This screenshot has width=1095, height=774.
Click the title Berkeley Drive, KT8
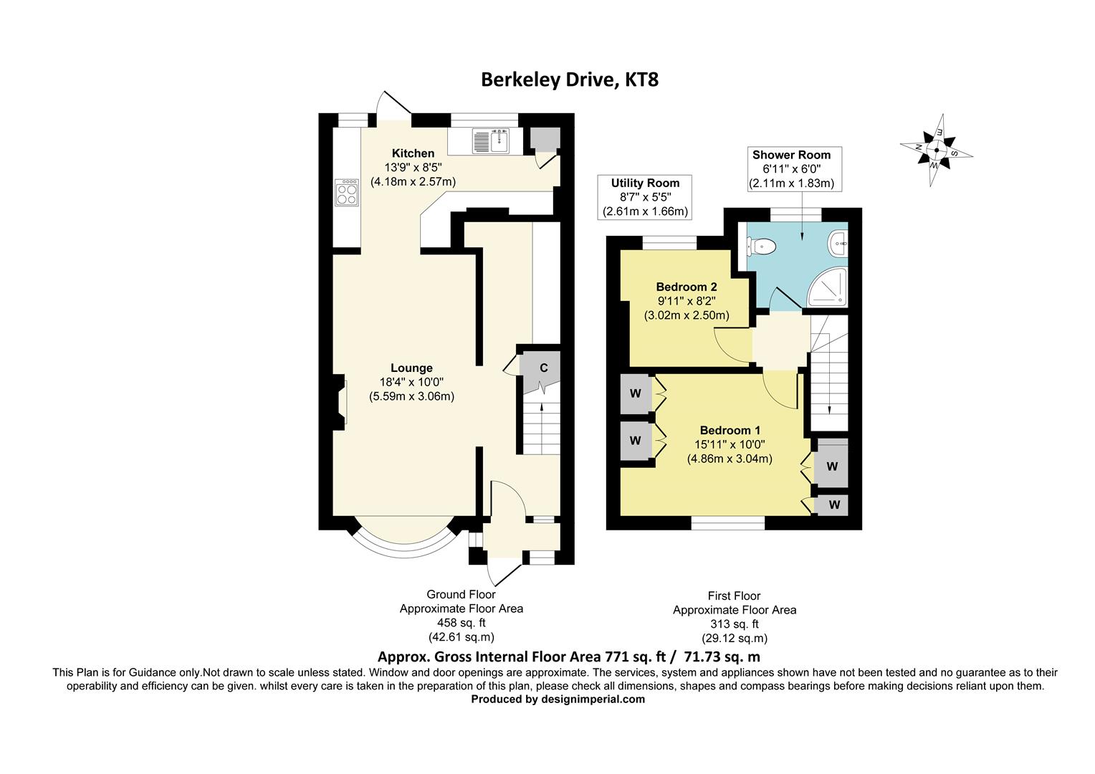point(569,79)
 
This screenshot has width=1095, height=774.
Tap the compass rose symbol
point(936,150)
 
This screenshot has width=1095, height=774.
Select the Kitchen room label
point(413,153)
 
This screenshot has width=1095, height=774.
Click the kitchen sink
point(491,141)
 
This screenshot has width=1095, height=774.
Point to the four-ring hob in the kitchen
point(347,192)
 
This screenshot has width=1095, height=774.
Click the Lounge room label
point(411,368)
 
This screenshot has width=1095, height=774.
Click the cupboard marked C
point(542,369)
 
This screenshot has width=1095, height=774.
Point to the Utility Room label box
point(645,197)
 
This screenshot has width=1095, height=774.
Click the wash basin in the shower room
point(838,242)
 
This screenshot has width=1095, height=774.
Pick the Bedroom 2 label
point(686,287)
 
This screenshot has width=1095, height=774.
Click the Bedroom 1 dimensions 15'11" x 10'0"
point(730,445)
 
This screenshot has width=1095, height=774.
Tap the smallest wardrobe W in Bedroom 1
point(833,505)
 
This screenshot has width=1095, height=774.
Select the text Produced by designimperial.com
point(558,699)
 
